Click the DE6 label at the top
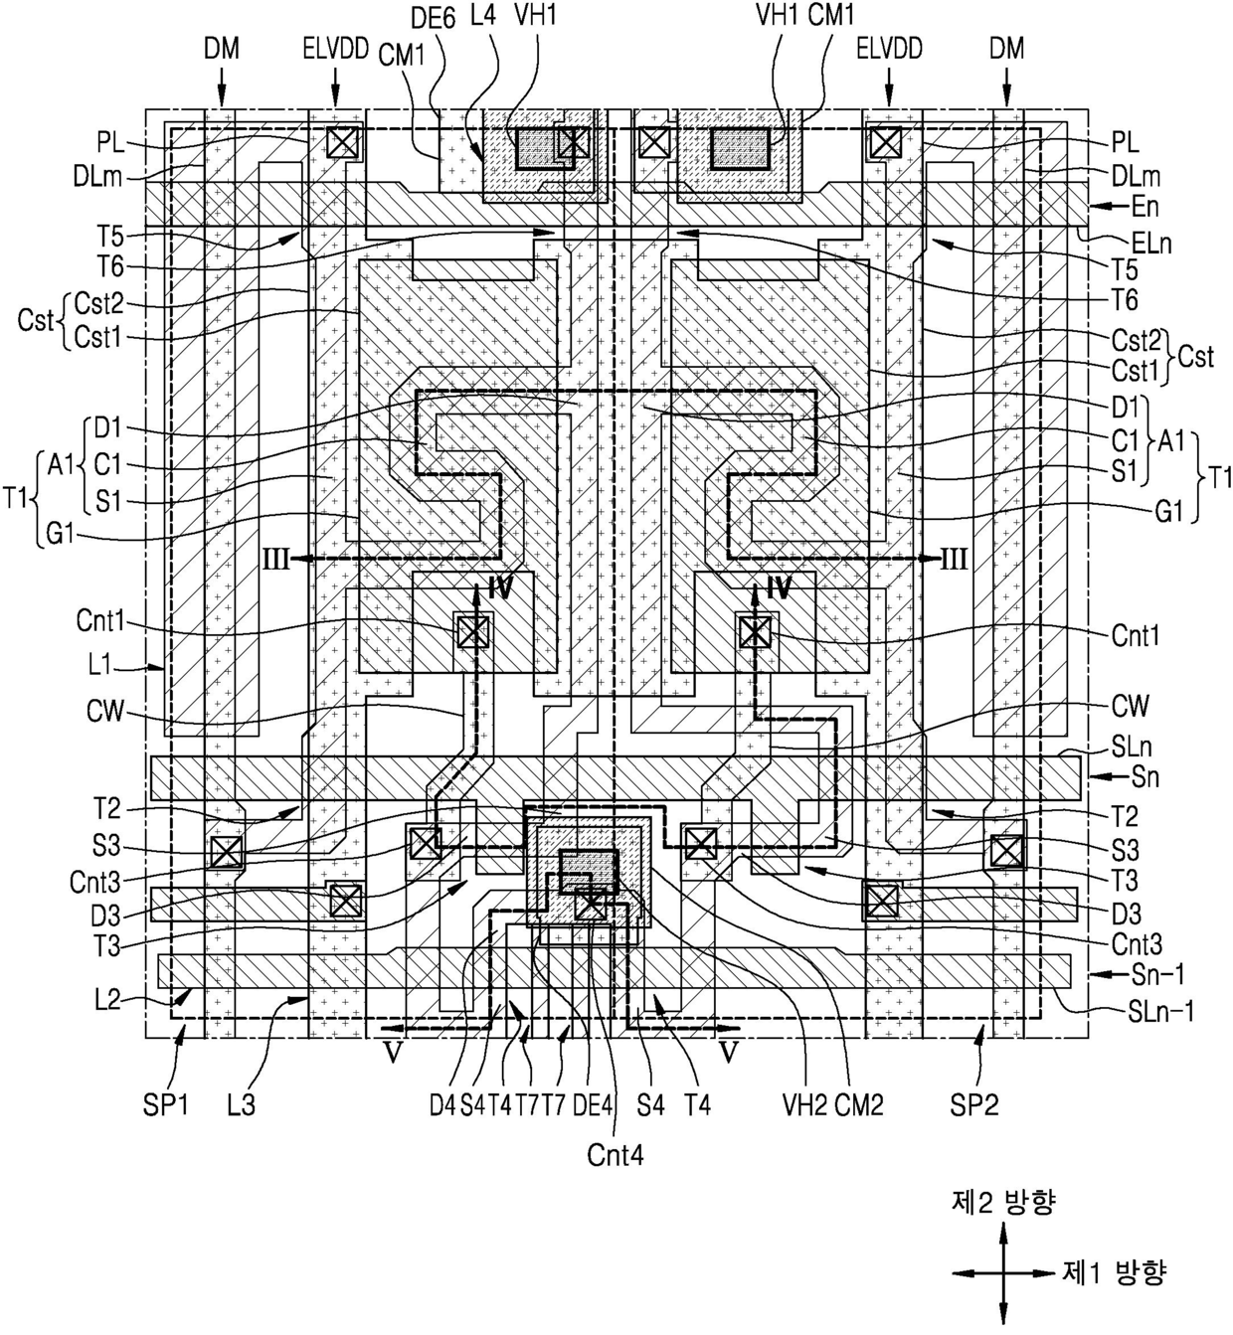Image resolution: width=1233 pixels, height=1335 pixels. pyautogui.click(x=434, y=18)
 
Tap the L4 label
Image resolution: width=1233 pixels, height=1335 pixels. pyautogui.click(x=483, y=15)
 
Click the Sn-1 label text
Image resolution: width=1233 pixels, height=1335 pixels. pyautogui.click(x=1157, y=974)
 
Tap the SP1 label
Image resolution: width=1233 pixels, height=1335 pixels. pyautogui.click(x=165, y=1104)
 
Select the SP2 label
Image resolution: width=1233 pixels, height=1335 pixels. pyautogui.click(x=974, y=1104)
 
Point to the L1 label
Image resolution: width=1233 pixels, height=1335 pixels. pyautogui.click(x=99, y=665)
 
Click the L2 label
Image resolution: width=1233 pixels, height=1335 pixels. pyautogui.click(x=107, y=1000)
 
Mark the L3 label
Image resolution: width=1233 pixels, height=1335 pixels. pyautogui.click(x=241, y=1104)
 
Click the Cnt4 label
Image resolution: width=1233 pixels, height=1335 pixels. pyautogui.click(x=615, y=1155)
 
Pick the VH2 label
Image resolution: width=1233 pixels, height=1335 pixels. pyautogui.click(x=804, y=1104)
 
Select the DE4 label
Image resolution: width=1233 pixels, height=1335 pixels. pyautogui.click(x=593, y=1104)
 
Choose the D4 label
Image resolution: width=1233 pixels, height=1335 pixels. pyautogui.click(x=442, y=1104)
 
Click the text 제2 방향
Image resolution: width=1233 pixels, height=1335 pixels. pyautogui.click(x=1002, y=1203)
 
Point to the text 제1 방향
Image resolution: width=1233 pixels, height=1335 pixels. pyautogui.click(x=1114, y=1272)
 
